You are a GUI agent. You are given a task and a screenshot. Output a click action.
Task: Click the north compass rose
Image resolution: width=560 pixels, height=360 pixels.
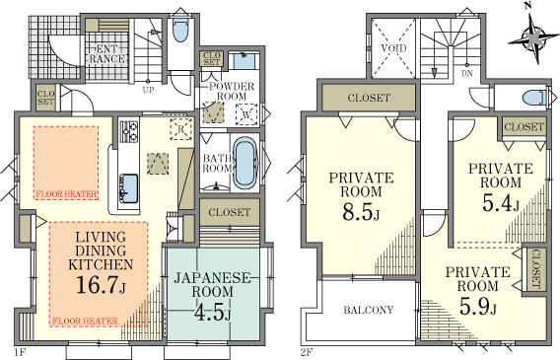point(534,37)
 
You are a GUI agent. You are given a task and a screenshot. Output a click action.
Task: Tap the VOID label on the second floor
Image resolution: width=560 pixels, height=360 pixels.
point(393,48)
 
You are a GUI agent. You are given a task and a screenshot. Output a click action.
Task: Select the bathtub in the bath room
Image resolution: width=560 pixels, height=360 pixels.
point(245,163)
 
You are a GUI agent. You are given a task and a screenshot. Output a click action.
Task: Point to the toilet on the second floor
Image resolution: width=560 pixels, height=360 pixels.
point(533,97)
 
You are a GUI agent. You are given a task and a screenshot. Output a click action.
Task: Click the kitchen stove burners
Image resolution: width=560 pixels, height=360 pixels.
point(128,131)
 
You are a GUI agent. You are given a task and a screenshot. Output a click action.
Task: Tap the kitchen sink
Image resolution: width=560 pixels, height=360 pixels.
point(128,187)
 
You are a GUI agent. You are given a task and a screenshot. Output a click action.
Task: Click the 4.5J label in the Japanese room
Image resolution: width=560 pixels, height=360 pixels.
point(212,311)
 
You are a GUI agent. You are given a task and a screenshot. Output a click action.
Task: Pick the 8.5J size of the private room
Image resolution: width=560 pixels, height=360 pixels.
point(361,211)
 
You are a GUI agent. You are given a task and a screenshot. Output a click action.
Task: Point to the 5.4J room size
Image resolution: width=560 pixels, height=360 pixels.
point(501,203)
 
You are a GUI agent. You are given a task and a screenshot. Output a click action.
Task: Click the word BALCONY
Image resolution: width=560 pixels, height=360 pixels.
point(369,310)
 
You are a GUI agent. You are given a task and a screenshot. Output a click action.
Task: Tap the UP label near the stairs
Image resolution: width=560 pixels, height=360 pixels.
point(148,90)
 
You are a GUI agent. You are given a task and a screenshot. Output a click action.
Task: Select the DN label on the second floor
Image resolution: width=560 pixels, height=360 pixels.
point(466,74)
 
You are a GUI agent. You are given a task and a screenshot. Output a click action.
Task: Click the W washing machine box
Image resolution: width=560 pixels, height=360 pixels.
point(246,114)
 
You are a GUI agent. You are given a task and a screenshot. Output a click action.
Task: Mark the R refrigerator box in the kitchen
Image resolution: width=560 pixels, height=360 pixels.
point(180,129)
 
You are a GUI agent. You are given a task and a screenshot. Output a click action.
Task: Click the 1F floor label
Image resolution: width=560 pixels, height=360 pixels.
point(20,352)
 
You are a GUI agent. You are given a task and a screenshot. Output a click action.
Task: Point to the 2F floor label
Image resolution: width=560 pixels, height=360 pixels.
point(307,352)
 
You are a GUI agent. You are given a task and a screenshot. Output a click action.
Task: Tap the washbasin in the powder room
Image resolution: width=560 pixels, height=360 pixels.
point(245,61)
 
